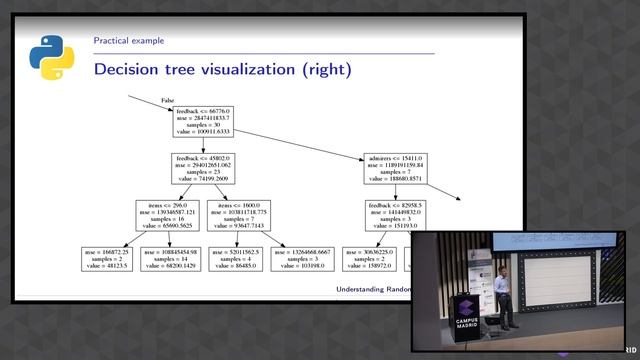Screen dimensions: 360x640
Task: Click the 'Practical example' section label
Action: coord(129,41)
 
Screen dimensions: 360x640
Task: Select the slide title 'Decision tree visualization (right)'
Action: coord(222,70)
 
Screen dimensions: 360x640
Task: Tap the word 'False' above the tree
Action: coord(169,100)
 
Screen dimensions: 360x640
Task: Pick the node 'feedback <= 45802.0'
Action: coord(203,168)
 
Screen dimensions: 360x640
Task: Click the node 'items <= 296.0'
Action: coord(168,216)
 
